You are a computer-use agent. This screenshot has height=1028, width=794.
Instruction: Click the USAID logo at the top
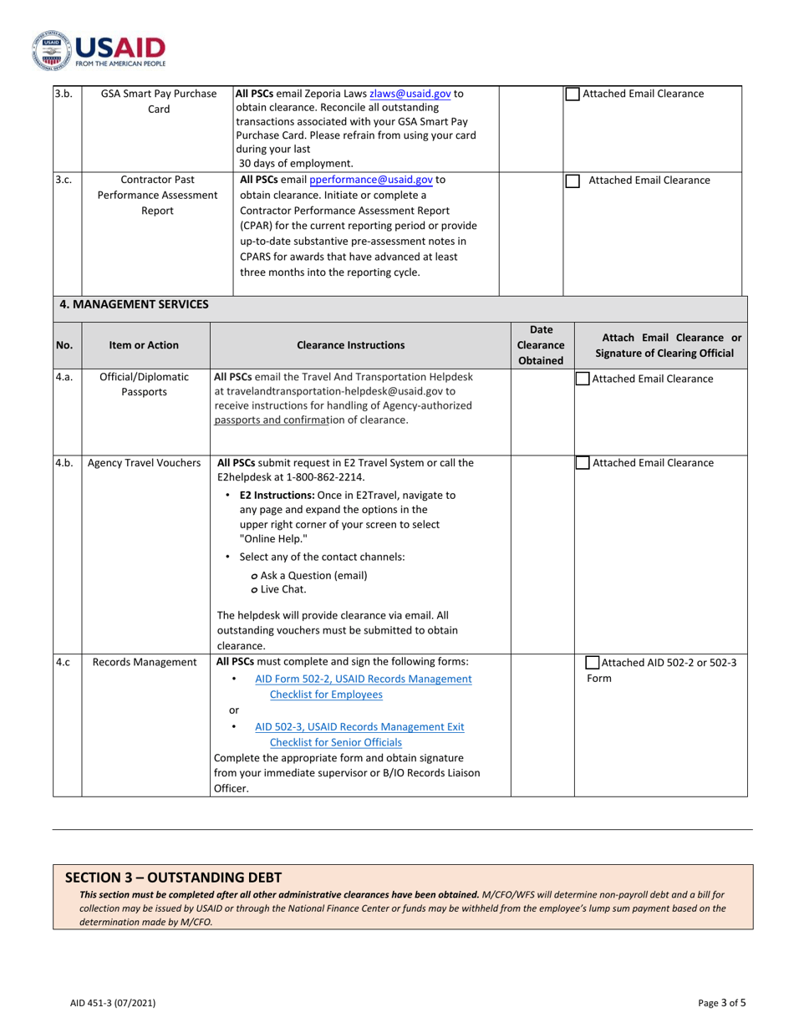[x=99, y=51]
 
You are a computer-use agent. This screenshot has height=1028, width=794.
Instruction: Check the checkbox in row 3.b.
[x=573, y=94]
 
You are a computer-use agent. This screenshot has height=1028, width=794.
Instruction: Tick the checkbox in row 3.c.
[x=573, y=181]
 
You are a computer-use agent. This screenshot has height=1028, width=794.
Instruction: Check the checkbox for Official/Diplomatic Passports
[x=583, y=379]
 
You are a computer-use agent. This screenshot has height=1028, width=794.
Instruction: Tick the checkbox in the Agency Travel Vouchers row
[x=583, y=464]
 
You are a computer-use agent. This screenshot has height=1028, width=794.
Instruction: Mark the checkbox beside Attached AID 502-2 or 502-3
[x=592, y=663]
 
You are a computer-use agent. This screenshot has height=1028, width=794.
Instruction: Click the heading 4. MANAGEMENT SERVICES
[x=134, y=304]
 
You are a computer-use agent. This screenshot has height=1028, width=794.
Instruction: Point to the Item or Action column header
[x=144, y=344]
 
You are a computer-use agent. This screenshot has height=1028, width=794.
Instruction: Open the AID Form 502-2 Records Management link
[x=363, y=679]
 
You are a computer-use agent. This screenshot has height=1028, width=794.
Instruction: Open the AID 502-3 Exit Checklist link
[x=359, y=727]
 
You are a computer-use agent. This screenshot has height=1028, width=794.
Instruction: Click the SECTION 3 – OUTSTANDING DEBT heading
[x=173, y=877]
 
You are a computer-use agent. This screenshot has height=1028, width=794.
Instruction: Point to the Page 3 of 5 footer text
[x=722, y=1002]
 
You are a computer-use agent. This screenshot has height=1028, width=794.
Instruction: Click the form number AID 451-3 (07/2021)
[x=112, y=1002]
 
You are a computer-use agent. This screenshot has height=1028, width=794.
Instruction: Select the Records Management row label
[x=144, y=663]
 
